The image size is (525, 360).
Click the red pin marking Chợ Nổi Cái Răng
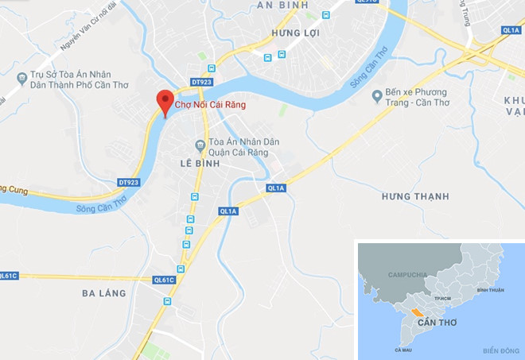coord(165,101)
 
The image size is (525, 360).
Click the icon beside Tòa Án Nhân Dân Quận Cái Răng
coord(200,144)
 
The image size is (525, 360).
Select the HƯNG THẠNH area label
coord(414,196)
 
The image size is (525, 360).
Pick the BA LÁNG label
coord(104,293)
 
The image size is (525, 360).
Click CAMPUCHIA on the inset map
coord(407,274)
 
